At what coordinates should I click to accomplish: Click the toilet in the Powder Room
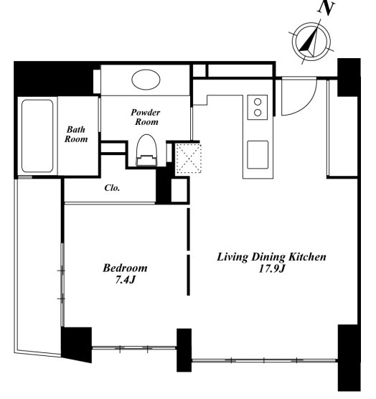click(x=146, y=151)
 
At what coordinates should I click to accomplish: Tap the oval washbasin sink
click(x=146, y=80)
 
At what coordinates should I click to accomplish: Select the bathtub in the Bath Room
click(x=37, y=136)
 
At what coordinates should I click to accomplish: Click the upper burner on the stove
click(x=258, y=102)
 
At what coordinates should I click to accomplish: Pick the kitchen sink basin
click(x=258, y=154)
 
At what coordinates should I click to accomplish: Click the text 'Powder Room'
click(x=146, y=117)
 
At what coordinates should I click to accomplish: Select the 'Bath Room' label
click(x=76, y=134)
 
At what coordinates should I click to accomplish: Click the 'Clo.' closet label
click(x=112, y=188)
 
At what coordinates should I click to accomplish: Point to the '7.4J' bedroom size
click(x=125, y=280)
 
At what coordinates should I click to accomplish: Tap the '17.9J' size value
click(x=271, y=268)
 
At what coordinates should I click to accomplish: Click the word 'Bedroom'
click(x=125, y=268)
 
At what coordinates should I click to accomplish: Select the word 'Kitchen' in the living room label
click(x=308, y=257)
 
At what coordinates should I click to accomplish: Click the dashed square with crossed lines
click(x=189, y=159)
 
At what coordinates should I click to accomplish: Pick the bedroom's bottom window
click(x=133, y=347)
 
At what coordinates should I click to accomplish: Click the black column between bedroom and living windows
click(x=184, y=350)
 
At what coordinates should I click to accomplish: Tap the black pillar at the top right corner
click(x=349, y=77)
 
